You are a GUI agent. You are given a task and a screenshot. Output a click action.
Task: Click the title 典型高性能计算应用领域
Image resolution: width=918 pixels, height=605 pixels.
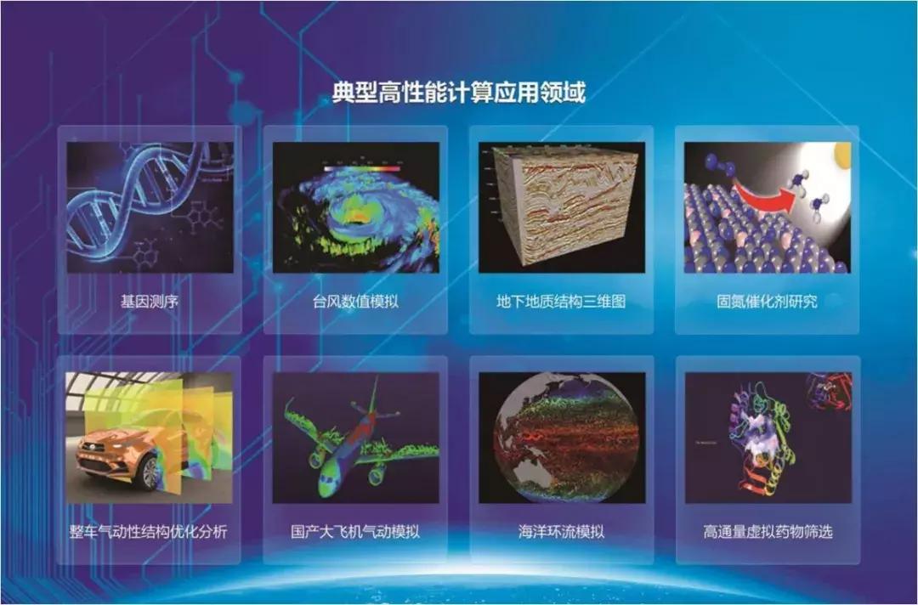click(x=459, y=93)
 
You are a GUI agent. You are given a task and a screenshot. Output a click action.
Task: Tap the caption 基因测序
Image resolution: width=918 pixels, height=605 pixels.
click(x=150, y=302)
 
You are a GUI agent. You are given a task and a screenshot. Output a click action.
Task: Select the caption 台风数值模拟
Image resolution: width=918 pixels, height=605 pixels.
click(x=355, y=302)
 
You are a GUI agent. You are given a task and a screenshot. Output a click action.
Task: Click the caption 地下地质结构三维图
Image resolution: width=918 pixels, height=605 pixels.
click(x=561, y=302)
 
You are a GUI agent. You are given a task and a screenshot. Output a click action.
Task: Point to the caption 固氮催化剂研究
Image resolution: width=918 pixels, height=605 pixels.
click(x=767, y=302)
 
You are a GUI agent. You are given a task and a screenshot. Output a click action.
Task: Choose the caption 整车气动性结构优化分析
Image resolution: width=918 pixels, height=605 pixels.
click(x=148, y=532)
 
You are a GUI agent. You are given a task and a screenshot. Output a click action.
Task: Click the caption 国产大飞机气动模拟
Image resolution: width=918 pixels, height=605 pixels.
click(x=355, y=532)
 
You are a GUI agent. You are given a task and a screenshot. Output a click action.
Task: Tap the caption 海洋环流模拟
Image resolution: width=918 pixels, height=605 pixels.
click(x=561, y=532)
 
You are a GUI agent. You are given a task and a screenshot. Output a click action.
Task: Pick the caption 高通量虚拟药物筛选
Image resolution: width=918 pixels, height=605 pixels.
click(x=768, y=532)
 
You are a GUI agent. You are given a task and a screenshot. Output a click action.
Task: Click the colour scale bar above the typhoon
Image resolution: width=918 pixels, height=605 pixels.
click(x=362, y=169)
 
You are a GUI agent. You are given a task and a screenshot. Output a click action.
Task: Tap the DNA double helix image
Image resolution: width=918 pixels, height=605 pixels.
click(x=150, y=207)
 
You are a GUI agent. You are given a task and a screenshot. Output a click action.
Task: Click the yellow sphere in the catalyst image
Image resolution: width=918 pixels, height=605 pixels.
click(x=843, y=152)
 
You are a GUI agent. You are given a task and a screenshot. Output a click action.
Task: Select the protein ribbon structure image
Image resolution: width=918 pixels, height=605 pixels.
click(x=768, y=438)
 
